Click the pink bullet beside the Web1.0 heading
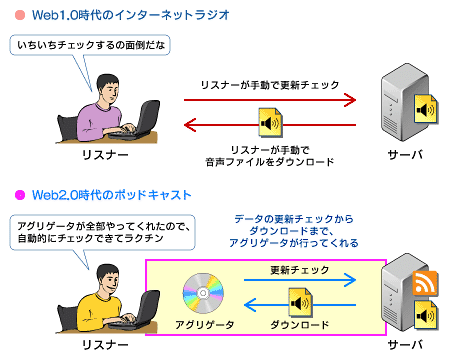20,15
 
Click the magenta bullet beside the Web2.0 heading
20,195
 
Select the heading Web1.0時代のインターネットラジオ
131,15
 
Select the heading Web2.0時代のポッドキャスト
111,195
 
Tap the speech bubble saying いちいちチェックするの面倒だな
90,45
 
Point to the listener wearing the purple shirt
100,110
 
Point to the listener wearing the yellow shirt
100,300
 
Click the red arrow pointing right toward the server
270,100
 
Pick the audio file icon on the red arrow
271,122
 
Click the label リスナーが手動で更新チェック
270,85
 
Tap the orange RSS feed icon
425,283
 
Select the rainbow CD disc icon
203,293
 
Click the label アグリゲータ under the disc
205,324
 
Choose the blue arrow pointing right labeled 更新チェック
300,280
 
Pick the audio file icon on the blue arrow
301,302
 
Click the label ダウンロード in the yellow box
299,324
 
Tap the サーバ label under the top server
405,155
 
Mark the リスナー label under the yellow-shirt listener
105,345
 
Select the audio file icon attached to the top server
426,109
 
